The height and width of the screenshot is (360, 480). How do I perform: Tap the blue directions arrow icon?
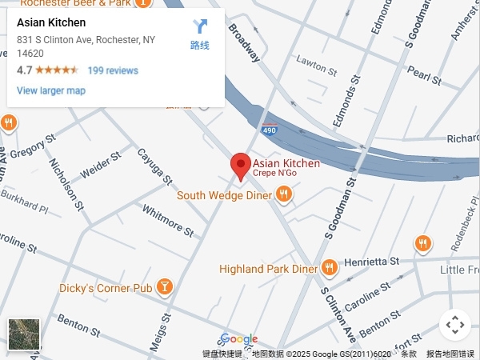pos(200,27)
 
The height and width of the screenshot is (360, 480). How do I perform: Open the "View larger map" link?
pos(51,90)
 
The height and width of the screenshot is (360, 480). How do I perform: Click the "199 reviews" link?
pos(113,70)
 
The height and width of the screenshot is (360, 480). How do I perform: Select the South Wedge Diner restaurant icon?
pos(283,194)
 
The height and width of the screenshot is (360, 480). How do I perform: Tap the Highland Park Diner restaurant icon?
pos(329,268)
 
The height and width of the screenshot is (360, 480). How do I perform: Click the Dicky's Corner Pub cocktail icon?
pos(164,286)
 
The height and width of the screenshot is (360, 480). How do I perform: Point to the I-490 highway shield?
pos(270,128)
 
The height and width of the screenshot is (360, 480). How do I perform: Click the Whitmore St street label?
pos(168,221)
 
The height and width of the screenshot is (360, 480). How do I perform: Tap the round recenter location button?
pos(454,325)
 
